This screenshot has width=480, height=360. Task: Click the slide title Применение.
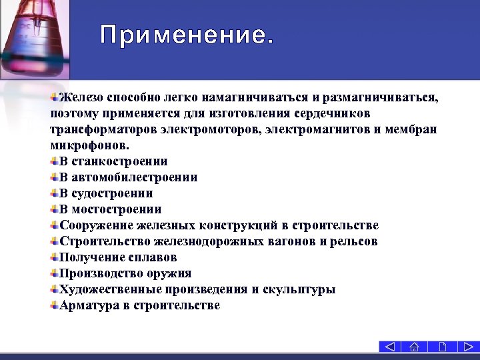click(187, 35)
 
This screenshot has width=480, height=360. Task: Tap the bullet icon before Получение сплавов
click(54, 257)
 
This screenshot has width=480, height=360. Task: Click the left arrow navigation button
click(391, 347)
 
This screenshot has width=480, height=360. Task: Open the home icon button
click(415, 347)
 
